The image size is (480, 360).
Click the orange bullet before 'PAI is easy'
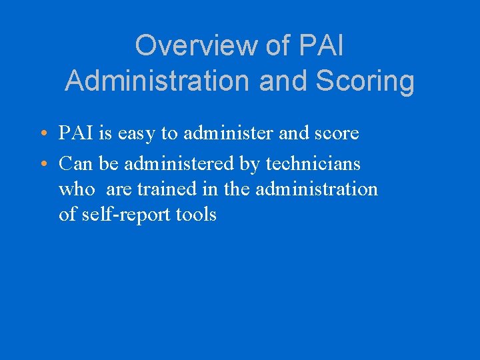43,134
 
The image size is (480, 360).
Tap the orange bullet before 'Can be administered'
43,163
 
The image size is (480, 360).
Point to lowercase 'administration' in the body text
317,189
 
